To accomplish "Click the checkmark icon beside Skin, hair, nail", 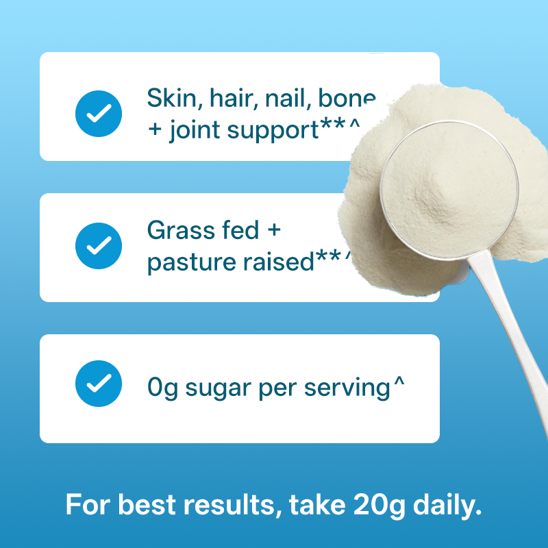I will [x=99, y=114].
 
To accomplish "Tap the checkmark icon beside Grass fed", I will [x=99, y=246].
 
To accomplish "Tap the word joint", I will [x=195, y=130].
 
